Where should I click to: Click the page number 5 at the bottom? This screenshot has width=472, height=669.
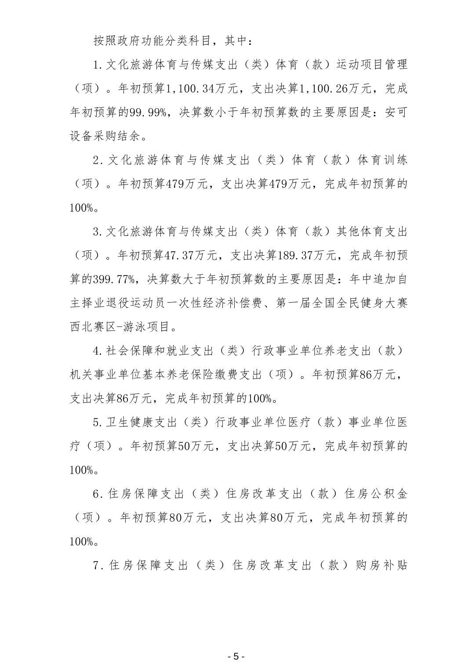click(x=236, y=656)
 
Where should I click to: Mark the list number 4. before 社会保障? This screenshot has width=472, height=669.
click(x=98, y=351)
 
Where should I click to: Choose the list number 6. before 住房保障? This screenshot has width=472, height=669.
click(x=98, y=494)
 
